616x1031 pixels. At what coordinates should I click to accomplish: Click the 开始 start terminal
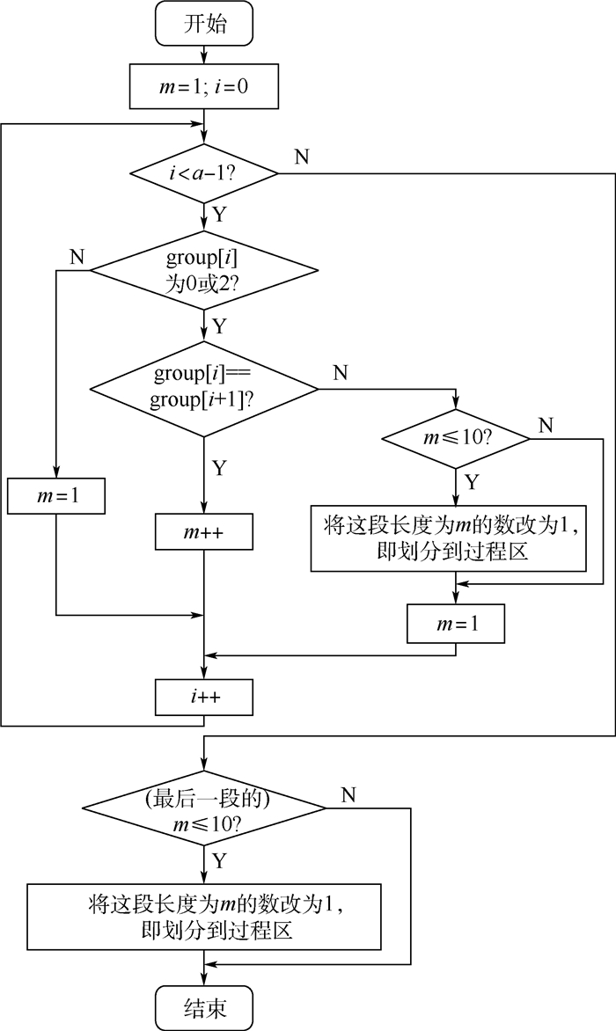click(x=204, y=24)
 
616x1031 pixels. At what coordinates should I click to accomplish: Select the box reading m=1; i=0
click(x=204, y=86)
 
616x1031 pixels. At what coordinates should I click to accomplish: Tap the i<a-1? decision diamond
click(x=204, y=173)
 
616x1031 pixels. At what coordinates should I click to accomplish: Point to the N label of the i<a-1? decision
click(x=302, y=157)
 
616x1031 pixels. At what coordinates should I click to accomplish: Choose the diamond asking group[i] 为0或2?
click(x=204, y=269)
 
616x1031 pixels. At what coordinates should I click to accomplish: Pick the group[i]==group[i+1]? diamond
click(x=204, y=386)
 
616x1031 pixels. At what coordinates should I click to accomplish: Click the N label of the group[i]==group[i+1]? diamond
click(x=340, y=373)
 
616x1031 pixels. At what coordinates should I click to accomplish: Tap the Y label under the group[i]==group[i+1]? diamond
click(x=219, y=467)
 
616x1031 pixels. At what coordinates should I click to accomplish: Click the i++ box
click(x=204, y=698)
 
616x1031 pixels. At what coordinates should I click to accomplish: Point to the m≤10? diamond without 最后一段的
click(x=456, y=438)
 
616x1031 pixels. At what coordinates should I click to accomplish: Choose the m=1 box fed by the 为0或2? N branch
click(x=56, y=496)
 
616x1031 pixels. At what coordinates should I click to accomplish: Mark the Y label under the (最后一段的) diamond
click(x=219, y=858)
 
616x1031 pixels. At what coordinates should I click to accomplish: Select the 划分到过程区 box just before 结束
click(x=204, y=916)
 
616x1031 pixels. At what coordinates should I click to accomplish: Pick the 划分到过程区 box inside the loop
click(x=449, y=537)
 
